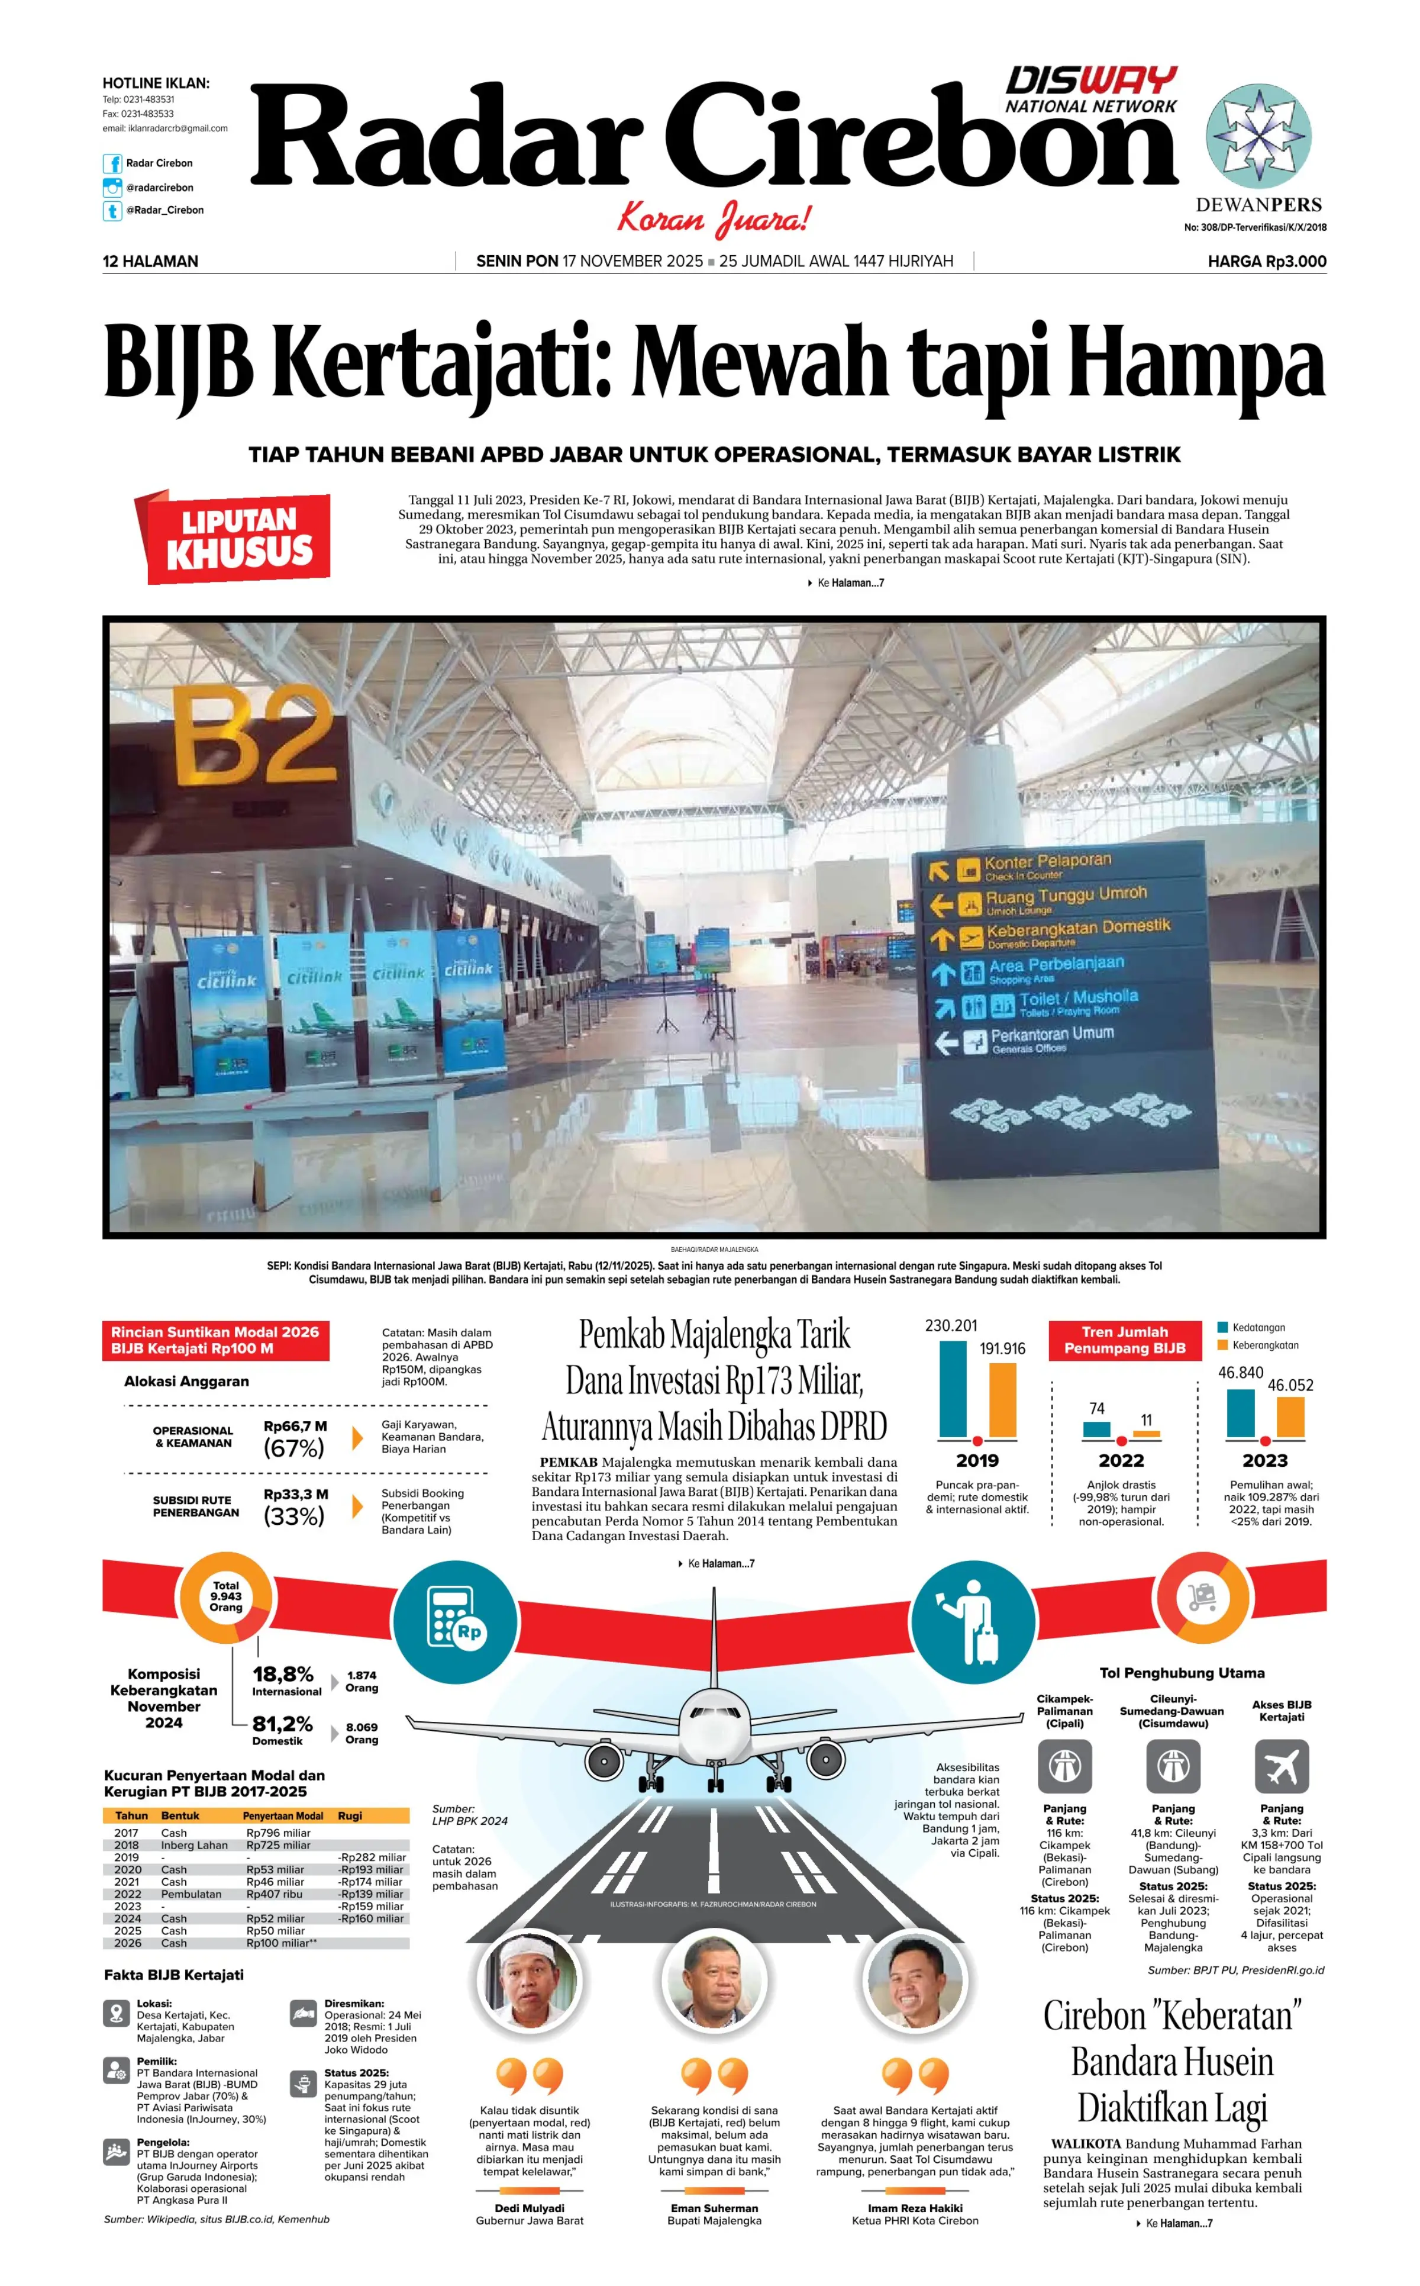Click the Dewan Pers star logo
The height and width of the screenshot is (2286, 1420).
(x=1258, y=137)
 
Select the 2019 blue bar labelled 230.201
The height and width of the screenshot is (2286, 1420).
(x=953, y=1389)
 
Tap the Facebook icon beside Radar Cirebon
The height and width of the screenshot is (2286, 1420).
(x=112, y=163)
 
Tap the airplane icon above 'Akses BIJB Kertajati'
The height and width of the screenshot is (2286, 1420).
(x=1281, y=1766)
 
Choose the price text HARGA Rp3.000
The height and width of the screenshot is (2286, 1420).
(x=1266, y=261)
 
